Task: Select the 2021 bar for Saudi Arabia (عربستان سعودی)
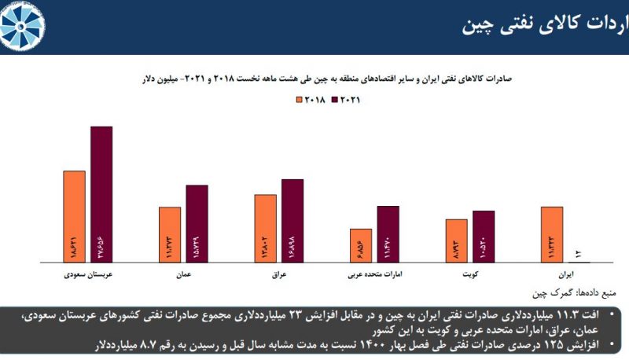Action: pos(101,194)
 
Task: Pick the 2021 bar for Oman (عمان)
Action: pos(197,223)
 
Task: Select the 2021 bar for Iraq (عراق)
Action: pos(292,221)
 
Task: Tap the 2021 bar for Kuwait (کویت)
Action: pos(484,237)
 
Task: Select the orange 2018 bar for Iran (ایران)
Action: pos(552,234)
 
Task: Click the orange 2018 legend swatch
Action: pos(299,100)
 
